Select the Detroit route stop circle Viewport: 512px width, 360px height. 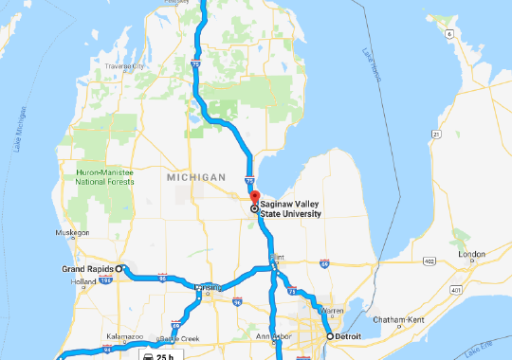tap(329, 336)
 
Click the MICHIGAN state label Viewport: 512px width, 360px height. tap(194, 177)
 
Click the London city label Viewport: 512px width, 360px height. tap(470, 255)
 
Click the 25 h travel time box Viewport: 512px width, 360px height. tap(158, 355)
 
